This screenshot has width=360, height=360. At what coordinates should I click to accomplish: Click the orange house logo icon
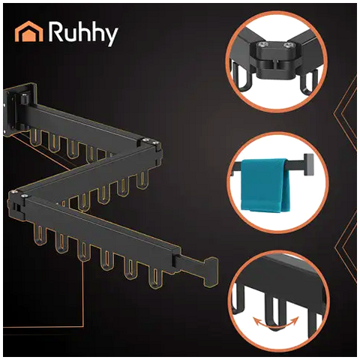click(x=28, y=31)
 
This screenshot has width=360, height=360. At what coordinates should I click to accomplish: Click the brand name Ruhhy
click(x=83, y=34)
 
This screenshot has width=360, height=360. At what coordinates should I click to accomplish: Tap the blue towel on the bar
click(x=265, y=184)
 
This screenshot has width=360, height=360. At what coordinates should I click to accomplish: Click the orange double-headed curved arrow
click(x=276, y=322)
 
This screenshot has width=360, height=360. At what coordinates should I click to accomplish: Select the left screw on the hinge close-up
click(x=265, y=44)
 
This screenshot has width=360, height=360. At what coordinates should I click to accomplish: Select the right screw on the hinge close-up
click(x=288, y=45)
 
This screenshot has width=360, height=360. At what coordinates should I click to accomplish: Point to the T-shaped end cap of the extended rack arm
click(x=211, y=272)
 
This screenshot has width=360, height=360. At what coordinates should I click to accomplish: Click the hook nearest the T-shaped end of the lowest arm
click(x=155, y=277)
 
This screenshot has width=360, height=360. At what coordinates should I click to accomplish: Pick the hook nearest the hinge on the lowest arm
click(x=40, y=235)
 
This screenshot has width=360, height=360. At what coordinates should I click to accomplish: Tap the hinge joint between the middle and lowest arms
click(x=17, y=204)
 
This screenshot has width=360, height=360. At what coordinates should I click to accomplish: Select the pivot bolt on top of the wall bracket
click(x=24, y=99)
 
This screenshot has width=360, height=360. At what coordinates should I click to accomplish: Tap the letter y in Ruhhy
click(x=111, y=37)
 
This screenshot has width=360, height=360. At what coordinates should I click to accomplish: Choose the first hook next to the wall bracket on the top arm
click(x=36, y=138)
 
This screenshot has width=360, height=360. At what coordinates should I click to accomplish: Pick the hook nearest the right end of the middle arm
click(x=142, y=180)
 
